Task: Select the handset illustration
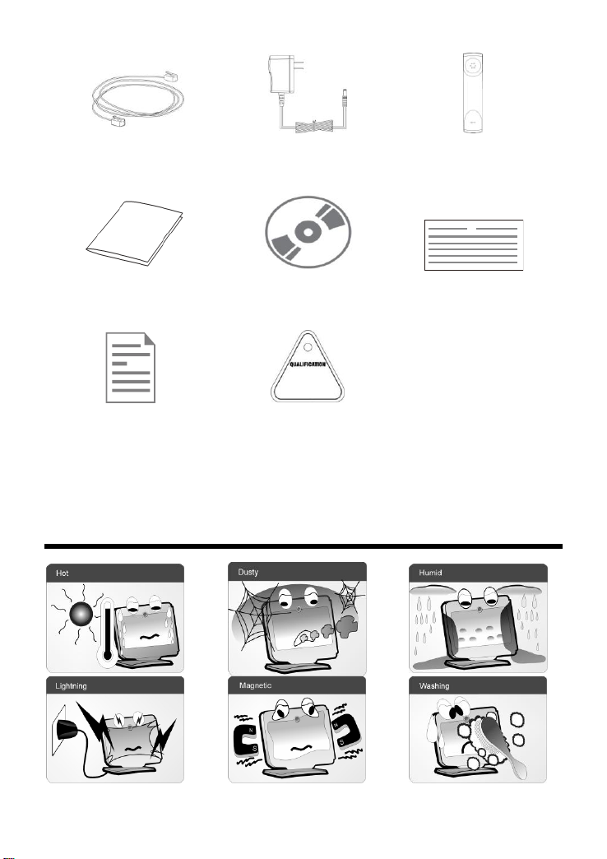pos(473,93)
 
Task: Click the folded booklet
pos(135,234)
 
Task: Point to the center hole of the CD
pos(308,233)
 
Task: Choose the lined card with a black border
pos(474,245)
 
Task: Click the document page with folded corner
pos(131,368)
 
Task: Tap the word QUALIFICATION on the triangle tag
pos(308,364)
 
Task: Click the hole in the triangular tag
pos(308,346)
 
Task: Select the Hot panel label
pos(63,573)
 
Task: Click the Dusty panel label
pos(248,572)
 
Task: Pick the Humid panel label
pos(431,573)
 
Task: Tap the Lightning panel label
pos(71,686)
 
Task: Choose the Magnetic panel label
pos(255,685)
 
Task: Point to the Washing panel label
pos(434,686)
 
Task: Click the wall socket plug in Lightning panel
pos(67,730)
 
